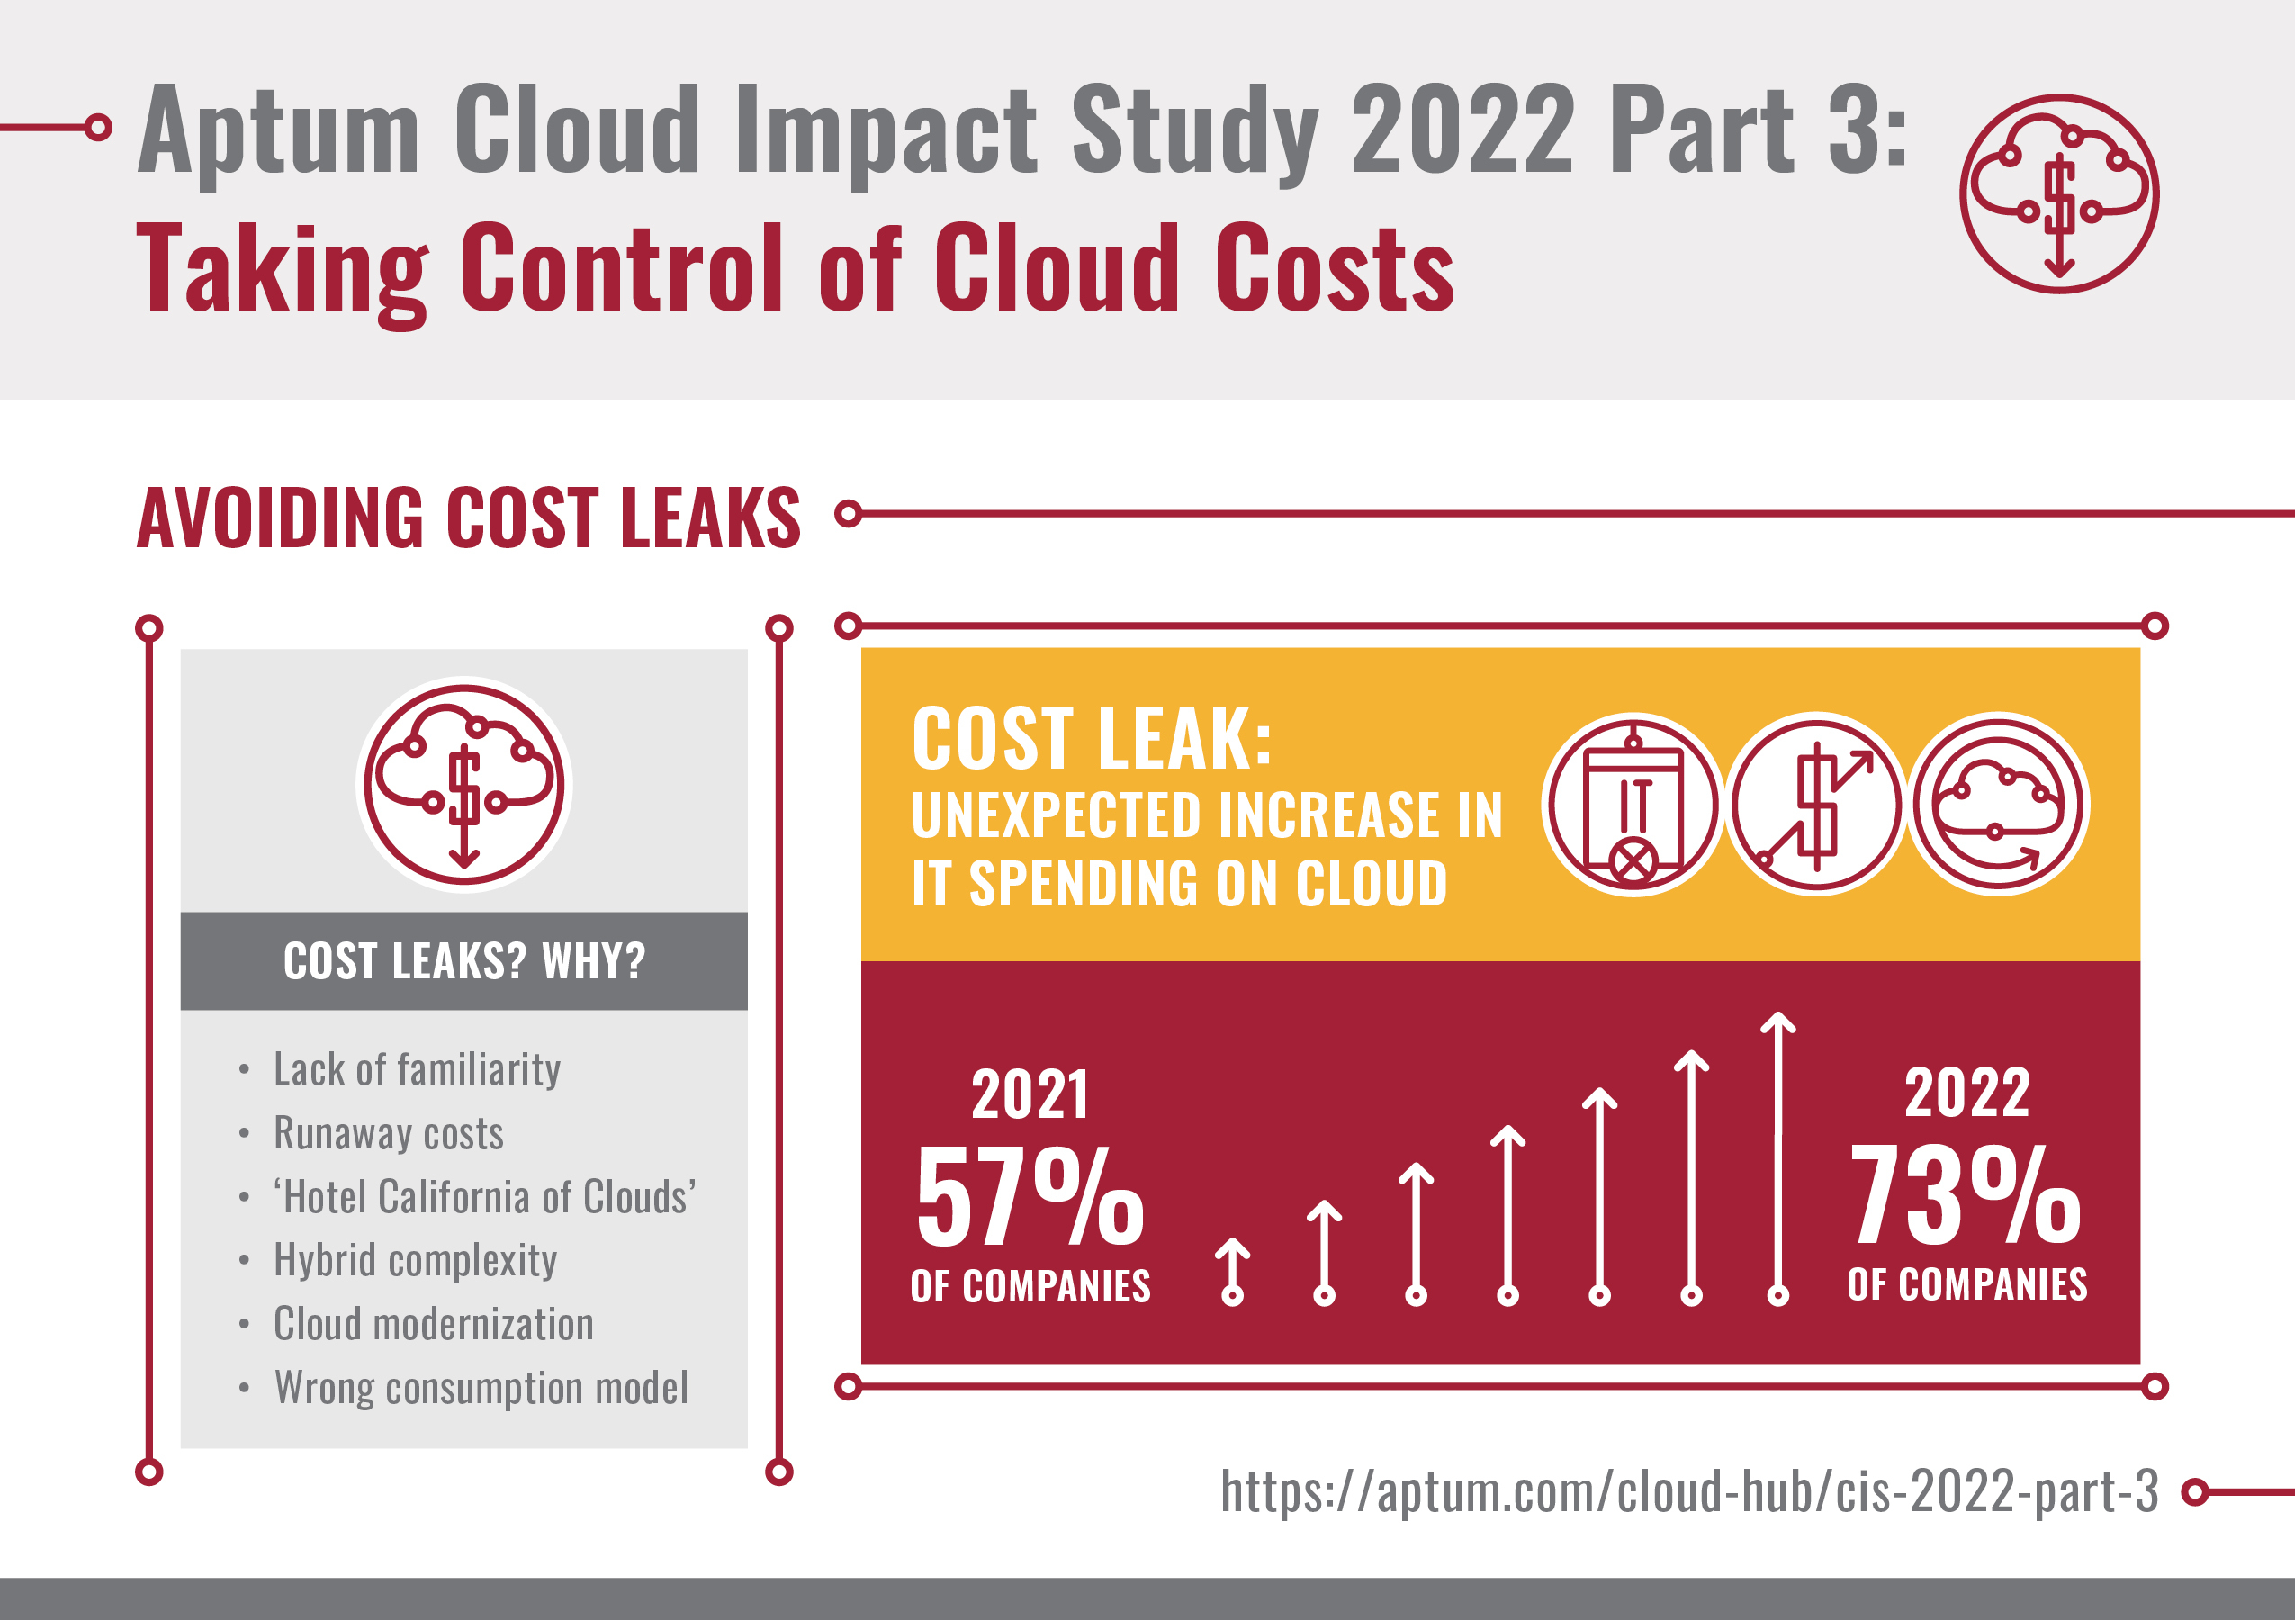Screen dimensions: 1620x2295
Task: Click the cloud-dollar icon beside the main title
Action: coord(2058,193)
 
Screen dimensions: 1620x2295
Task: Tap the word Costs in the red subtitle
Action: coord(1334,268)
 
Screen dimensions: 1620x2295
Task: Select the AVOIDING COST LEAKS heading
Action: coord(468,517)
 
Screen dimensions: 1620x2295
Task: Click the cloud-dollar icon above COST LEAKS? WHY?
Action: coord(463,785)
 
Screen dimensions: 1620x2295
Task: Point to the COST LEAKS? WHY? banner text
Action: coord(463,961)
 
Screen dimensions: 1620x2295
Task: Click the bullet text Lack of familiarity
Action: coord(417,1069)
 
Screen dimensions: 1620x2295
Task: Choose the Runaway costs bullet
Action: coord(388,1133)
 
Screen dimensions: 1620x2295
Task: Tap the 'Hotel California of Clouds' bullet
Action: coord(485,1196)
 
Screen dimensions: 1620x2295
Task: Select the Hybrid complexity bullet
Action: coord(415,1260)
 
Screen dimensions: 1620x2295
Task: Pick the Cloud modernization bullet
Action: coord(433,1324)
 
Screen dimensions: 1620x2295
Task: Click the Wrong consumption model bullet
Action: coord(481,1387)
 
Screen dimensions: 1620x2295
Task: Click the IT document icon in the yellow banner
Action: coord(1633,805)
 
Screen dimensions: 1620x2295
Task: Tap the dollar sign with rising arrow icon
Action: coord(1816,805)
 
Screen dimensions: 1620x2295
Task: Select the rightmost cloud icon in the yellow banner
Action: coord(1998,805)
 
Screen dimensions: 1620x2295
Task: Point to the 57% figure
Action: coord(1030,1197)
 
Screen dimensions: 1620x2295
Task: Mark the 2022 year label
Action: coord(1966,1093)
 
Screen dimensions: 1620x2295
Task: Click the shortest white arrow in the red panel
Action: coord(1232,1271)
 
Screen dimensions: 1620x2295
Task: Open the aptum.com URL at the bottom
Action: coord(1689,1491)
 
